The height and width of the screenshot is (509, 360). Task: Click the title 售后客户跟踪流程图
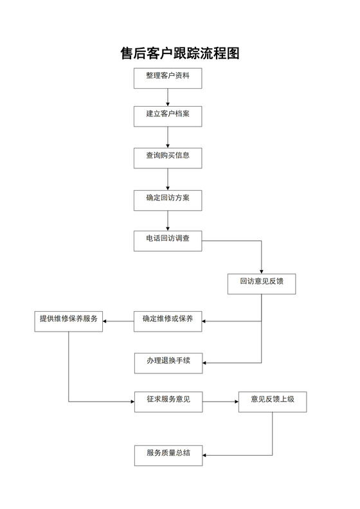pos(180,53)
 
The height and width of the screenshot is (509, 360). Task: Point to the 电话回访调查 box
pos(168,240)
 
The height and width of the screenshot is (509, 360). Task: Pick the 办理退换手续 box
pos(168,362)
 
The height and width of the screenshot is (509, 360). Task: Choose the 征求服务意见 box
pos(168,402)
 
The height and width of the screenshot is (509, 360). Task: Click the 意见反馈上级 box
pos(273,402)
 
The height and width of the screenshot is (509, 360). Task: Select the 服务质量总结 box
pos(168,455)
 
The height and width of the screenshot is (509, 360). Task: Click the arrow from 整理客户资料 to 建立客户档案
pos(168,97)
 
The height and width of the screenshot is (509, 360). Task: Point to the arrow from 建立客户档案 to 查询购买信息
pos(168,137)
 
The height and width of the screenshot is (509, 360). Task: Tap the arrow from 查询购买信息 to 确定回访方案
pos(168,179)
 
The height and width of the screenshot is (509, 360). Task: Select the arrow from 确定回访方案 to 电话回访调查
pos(168,220)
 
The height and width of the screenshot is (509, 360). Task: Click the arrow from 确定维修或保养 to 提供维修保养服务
pos(119,321)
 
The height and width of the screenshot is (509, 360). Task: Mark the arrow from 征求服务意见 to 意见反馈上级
pos(220,402)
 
